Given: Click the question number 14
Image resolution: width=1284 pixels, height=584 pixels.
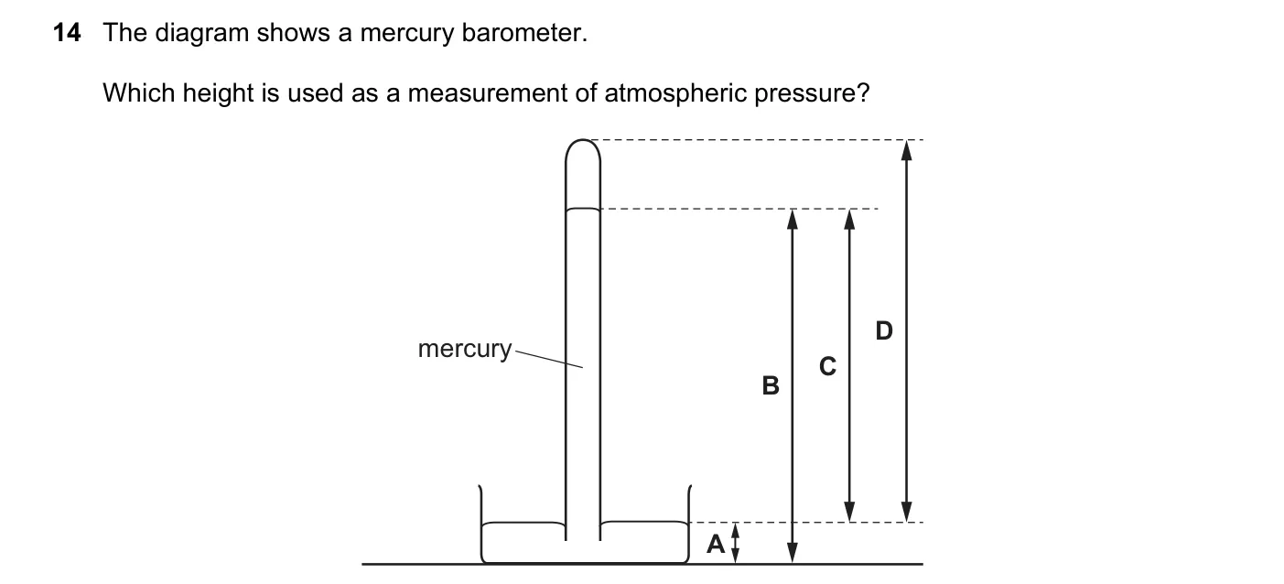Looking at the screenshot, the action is pyautogui.click(x=67, y=33).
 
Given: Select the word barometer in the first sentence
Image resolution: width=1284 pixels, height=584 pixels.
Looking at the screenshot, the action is pyautogui.click(x=524, y=33).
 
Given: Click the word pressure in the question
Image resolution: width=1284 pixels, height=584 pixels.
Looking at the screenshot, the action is pyautogui.click(x=812, y=94).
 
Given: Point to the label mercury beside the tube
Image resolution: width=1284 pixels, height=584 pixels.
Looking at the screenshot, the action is pyautogui.click(x=464, y=349).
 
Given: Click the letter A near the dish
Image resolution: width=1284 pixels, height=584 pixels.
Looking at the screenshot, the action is pyautogui.click(x=716, y=544).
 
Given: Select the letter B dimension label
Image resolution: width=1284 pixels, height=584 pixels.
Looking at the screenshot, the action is pyautogui.click(x=771, y=385).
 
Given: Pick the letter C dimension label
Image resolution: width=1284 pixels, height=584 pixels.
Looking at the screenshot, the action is pyautogui.click(x=827, y=366).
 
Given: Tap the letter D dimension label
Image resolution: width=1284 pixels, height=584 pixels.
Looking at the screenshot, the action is pyautogui.click(x=884, y=330).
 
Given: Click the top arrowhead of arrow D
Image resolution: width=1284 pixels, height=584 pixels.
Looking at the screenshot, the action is pyautogui.click(x=906, y=150).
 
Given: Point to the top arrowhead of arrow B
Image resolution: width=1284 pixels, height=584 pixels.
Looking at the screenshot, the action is pyautogui.click(x=793, y=219).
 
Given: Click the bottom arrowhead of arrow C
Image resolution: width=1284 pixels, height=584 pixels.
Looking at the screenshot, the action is pyautogui.click(x=849, y=511).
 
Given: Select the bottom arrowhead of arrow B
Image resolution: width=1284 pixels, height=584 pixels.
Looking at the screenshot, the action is pyautogui.click(x=793, y=553).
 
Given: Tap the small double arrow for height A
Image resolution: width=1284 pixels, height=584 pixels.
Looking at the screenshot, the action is pyautogui.click(x=736, y=543).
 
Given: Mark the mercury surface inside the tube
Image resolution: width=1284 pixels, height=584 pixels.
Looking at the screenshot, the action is pyautogui.click(x=583, y=210).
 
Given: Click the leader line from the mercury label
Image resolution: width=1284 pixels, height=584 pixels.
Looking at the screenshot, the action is pyautogui.click(x=548, y=359).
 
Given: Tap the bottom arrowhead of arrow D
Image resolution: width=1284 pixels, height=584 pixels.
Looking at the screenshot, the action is pyautogui.click(x=906, y=511).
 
